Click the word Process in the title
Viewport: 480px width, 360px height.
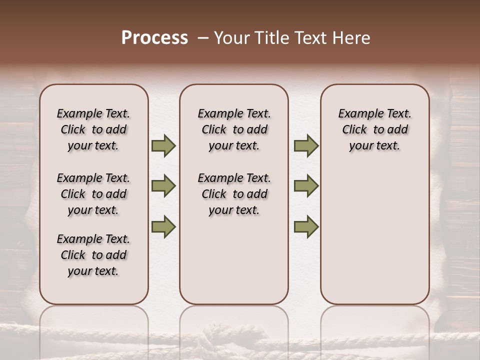154,38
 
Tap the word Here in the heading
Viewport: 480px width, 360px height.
352,38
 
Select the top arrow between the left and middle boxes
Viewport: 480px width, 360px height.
163,146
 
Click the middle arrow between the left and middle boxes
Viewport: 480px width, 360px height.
163,186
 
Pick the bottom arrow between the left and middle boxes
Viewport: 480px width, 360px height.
163,227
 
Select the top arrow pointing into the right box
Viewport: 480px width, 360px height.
306,146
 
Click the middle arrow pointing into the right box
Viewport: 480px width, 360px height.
306,186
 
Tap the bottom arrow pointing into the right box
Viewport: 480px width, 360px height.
306,227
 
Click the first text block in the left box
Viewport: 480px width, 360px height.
93,129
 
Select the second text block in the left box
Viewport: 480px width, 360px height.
93,194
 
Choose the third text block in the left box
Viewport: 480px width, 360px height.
93,255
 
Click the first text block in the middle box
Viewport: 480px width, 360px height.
234,129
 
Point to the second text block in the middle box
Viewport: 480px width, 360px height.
234,194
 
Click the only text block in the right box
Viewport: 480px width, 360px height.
374,129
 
